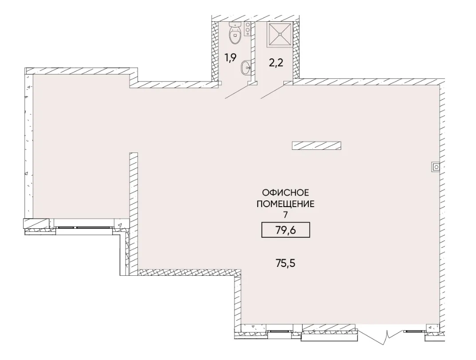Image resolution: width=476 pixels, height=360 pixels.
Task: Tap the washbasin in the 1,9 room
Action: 246,68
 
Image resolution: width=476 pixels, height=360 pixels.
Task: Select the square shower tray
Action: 279,34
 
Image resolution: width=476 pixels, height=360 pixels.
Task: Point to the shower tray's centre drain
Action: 279,34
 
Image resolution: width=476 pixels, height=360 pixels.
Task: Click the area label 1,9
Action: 230,58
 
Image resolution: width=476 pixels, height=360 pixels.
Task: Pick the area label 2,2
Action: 276,63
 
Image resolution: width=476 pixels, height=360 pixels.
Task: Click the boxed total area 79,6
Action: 285,230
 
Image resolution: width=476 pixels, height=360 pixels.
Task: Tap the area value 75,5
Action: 285,263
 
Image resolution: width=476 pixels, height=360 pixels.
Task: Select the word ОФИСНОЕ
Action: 285,192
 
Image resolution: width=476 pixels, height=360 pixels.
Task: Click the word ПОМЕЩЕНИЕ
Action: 285,204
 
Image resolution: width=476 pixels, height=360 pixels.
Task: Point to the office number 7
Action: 285,215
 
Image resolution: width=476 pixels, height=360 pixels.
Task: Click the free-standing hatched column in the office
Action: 316,145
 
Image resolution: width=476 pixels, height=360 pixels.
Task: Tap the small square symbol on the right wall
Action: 436,167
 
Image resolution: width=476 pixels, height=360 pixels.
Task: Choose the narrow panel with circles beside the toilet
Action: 248,29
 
